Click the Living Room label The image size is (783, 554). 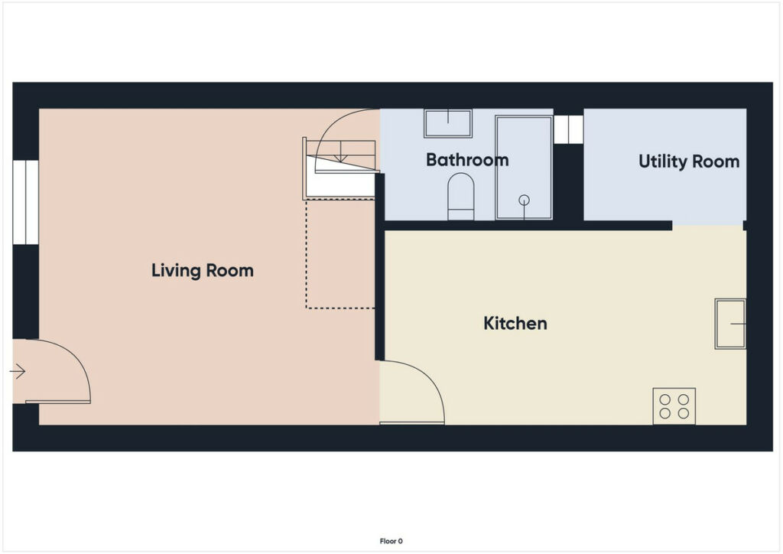(x=202, y=271)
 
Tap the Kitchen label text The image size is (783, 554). (x=515, y=323)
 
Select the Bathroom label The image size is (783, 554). (x=467, y=160)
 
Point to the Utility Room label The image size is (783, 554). (x=689, y=161)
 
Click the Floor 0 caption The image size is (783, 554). (x=391, y=541)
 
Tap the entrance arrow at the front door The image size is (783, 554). (x=18, y=371)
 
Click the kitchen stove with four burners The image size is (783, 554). (x=674, y=406)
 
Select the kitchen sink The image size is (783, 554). (x=730, y=324)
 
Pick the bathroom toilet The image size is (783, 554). (x=460, y=197)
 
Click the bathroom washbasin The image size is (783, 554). (x=448, y=123)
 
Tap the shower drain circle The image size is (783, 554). (x=524, y=200)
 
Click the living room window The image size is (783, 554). (x=25, y=202)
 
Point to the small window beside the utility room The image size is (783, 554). (x=568, y=129)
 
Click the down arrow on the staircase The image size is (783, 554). (x=340, y=152)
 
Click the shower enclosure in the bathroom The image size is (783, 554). (x=524, y=168)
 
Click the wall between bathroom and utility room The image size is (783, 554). (x=568, y=182)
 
